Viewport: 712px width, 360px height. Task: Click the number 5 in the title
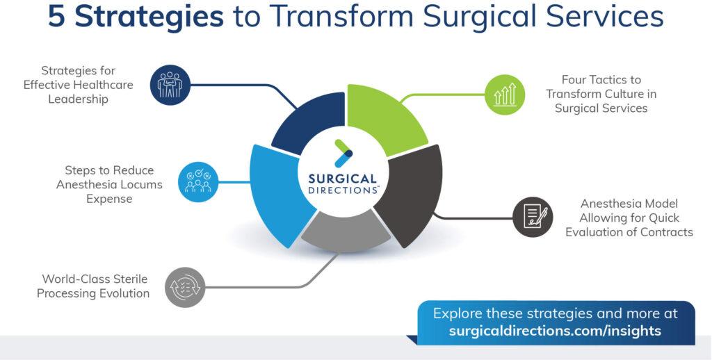58,16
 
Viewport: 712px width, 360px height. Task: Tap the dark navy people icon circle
170,85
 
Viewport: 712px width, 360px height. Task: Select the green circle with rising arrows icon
505,95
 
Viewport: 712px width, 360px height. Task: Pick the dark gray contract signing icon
533,217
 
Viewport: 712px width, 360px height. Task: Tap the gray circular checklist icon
185,287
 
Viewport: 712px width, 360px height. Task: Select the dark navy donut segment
309,122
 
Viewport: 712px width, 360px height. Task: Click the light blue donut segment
277,193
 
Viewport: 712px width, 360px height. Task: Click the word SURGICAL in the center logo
343,179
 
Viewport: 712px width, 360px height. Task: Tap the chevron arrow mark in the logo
343,153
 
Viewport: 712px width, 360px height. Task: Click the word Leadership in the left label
79,99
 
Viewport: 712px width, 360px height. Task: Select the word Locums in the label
142,184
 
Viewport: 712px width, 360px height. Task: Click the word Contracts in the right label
667,231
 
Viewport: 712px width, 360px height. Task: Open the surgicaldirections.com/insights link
555,330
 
